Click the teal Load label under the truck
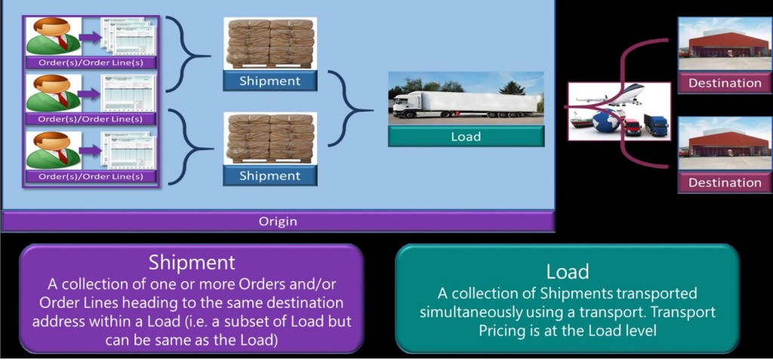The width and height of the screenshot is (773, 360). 466,137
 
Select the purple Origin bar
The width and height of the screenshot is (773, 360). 278,221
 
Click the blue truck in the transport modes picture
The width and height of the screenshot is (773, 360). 655,125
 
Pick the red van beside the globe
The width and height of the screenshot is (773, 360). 631,127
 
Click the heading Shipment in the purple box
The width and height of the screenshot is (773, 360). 192,262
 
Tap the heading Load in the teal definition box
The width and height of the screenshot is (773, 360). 567,271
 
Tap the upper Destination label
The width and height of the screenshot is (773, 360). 725,83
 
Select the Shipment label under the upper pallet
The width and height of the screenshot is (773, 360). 269,81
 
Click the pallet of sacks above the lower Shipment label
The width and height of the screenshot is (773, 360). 269,138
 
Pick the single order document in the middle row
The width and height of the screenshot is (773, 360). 129,93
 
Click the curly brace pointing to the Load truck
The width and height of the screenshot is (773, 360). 347,110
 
